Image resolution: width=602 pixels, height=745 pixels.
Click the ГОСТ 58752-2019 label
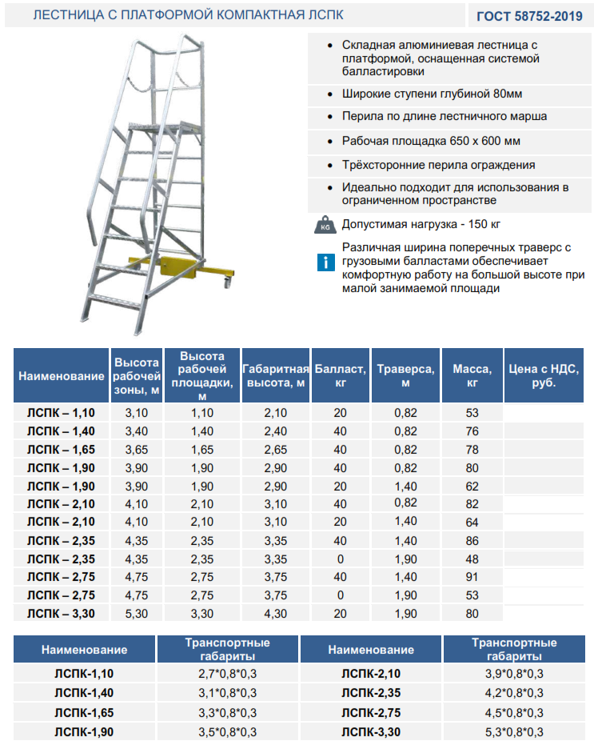[530, 15]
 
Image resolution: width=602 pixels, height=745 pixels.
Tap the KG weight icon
[325, 224]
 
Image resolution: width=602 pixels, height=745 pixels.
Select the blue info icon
[325, 262]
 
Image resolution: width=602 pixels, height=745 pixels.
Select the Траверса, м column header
[406, 375]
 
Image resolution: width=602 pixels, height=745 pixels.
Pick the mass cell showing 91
[472, 577]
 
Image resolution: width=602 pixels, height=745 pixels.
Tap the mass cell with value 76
[472, 431]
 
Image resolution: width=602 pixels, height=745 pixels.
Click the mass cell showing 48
[472, 559]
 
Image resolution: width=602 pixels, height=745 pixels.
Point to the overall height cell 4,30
[275, 614]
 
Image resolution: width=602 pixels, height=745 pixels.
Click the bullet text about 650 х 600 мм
[431, 141]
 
